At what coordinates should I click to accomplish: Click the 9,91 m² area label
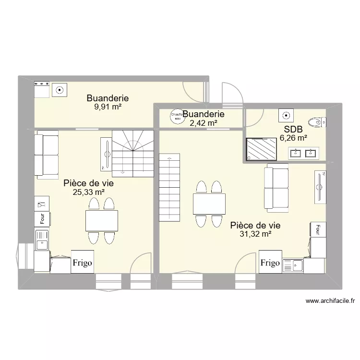[x=108, y=107]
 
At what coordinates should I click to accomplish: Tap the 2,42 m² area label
[x=204, y=123]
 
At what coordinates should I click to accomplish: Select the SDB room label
[x=293, y=129]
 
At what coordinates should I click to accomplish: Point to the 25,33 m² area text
[x=88, y=192]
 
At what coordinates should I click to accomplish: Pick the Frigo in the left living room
[x=83, y=263]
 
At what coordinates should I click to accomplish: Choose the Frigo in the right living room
[x=270, y=263]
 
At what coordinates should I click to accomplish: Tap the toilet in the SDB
[x=316, y=122]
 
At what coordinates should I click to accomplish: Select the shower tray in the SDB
[x=262, y=149]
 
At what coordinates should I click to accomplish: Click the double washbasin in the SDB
[x=303, y=153]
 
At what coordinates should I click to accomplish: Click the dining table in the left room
[x=101, y=221]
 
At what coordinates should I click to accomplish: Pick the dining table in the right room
[x=209, y=204]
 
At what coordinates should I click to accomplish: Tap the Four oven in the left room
[x=42, y=218]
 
